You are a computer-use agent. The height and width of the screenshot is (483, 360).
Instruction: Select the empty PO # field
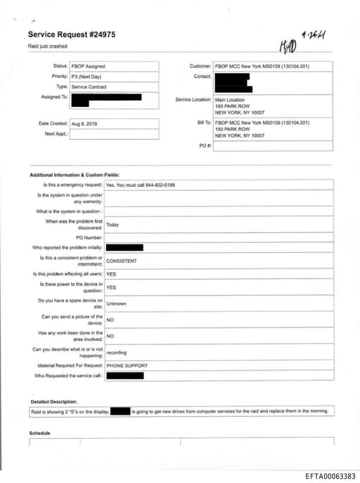tap(273, 146)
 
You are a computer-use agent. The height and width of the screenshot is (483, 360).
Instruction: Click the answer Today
tap(112, 225)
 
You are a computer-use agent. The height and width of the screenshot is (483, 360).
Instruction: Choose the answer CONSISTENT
tap(121, 260)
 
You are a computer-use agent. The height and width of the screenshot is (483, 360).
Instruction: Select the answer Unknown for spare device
tap(116, 304)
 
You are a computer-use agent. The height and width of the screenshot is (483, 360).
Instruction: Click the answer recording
tap(117, 352)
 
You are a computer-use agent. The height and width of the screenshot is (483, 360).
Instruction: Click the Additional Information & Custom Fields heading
tap(75, 174)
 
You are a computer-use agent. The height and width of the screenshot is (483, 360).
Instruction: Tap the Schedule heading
tap(40, 433)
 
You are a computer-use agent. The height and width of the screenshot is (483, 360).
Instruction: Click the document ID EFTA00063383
tap(330, 476)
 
